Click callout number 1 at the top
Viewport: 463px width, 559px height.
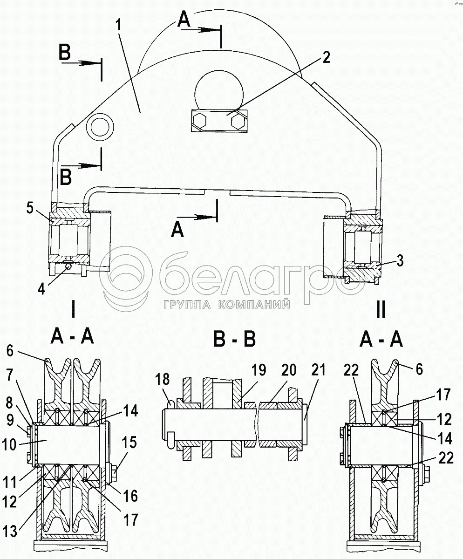pyautogui.click(x=120, y=25)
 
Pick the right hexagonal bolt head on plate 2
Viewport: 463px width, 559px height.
pyautogui.click(x=237, y=122)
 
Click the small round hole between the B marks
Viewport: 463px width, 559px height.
pyautogui.click(x=101, y=127)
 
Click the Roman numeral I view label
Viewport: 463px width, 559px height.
pyautogui.click(x=74, y=308)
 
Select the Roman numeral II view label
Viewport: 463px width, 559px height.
pyautogui.click(x=380, y=309)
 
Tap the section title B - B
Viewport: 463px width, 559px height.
pyautogui.click(x=234, y=340)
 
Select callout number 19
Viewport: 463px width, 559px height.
pyautogui.click(x=259, y=370)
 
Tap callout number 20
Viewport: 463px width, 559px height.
pyautogui.click(x=288, y=370)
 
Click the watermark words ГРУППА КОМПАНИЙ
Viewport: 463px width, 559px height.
pyautogui.click(x=226, y=305)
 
